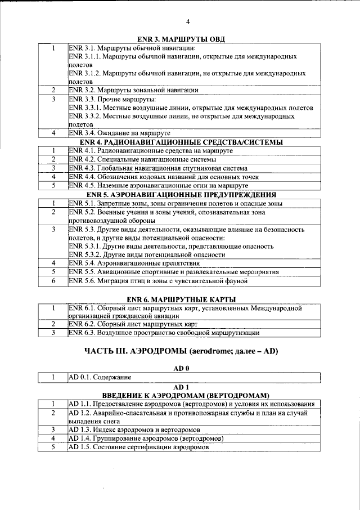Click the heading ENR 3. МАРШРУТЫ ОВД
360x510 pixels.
[181, 39]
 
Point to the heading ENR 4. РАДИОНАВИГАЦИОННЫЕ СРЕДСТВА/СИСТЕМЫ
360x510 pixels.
[181, 142]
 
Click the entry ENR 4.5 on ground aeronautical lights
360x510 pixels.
[158, 185]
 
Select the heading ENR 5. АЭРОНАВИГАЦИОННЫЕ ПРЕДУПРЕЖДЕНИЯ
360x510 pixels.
[181, 194]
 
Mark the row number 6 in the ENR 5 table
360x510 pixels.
[53, 280]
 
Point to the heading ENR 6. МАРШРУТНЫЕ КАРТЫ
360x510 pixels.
[181, 298]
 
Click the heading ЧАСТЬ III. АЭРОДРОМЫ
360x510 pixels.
[181, 352]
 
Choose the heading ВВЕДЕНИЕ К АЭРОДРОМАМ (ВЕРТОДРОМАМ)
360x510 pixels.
[181, 395]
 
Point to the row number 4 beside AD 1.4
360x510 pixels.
[53, 438]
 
